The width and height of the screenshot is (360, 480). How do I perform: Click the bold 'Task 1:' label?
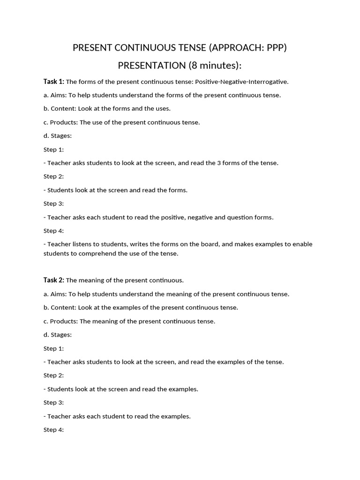(54, 82)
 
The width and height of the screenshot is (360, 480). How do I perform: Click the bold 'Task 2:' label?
(54, 280)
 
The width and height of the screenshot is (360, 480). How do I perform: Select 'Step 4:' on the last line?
(53, 430)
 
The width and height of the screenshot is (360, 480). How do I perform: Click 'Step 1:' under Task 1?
(53, 150)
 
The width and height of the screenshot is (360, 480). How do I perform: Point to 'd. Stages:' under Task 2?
(58, 335)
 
